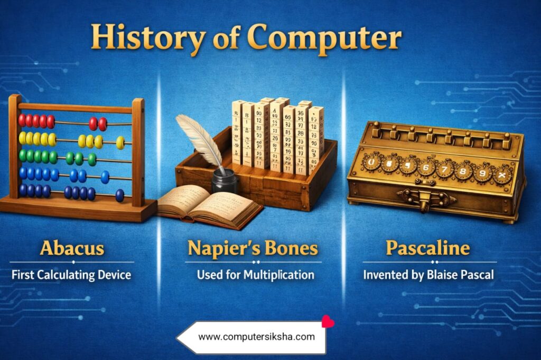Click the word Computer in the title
pyautogui.click(x=323, y=38)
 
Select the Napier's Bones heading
pyautogui.click(x=254, y=248)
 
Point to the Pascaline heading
pyautogui.click(x=428, y=248)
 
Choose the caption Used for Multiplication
pyautogui.click(x=255, y=274)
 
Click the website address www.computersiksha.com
pyautogui.click(x=256, y=337)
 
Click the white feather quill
pyautogui.click(x=198, y=137)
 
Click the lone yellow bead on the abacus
pyautogui.click(x=120, y=142)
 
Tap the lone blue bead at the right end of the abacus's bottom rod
pyautogui.click(x=119, y=195)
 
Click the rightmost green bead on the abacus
pyautogui.click(x=92, y=159)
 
